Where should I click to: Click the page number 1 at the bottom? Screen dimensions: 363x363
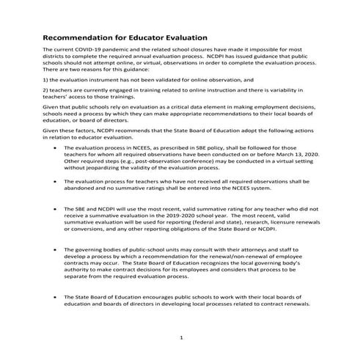[180, 339]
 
